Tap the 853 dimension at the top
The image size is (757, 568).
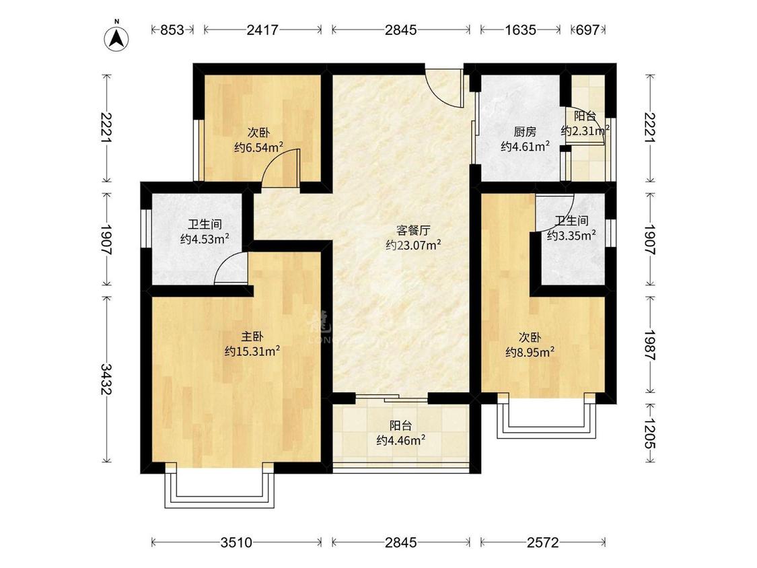tap(172, 30)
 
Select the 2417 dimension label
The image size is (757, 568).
tap(262, 30)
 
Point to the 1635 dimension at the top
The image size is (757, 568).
tap(520, 30)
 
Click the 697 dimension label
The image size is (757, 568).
tap(587, 30)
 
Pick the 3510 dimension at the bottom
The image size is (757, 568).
tap(237, 542)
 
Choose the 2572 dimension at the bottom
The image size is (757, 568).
tap(542, 542)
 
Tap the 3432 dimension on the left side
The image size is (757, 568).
tap(106, 379)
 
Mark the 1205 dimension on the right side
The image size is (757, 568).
tap(650, 433)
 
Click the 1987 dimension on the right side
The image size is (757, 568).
tap(650, 345)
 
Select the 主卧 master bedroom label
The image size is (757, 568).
tap(252, 336)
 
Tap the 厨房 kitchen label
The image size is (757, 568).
tap(525, 132)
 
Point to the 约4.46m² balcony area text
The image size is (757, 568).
tap(401, 440)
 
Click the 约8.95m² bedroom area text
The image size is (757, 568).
tap(530, 351)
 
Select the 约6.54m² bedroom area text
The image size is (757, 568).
tap(258, 147)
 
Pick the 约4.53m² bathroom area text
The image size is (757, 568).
tap(204, 239)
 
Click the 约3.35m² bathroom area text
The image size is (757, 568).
tap(571, 236)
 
